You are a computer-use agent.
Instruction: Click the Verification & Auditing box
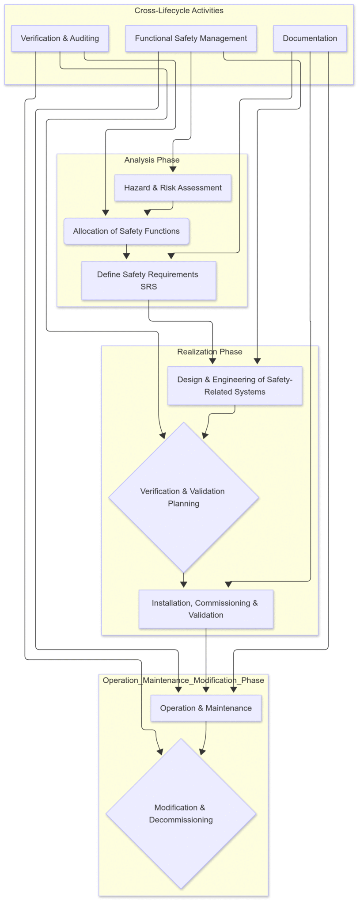60,38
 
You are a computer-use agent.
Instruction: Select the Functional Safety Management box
191,38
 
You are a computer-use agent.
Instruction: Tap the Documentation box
310,38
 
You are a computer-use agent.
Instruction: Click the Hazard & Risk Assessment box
173,188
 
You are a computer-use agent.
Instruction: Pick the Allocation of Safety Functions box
126,231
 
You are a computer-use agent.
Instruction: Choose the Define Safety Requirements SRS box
148,281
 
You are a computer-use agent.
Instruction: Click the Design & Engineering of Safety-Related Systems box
235,385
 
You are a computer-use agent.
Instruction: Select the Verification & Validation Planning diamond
183,497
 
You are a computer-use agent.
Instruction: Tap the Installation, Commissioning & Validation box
206,609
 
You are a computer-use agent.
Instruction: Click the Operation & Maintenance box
206,708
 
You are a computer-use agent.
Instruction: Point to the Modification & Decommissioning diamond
181,814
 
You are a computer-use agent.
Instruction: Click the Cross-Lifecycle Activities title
179,11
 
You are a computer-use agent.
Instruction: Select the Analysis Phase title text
152,160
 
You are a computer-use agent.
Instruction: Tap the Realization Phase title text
209,352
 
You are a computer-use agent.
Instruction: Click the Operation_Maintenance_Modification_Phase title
183,680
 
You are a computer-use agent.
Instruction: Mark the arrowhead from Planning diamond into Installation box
184,585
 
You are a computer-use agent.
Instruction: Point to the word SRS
148,287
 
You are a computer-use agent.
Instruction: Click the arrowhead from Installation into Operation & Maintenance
206,690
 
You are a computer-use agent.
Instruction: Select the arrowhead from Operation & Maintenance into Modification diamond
202,751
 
